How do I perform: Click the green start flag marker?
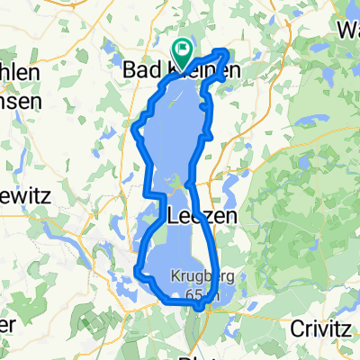click(x=182, y=51)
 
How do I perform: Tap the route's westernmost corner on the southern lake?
click(x=136, y=269)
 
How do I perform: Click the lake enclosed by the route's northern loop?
click(x=175, y=126)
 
